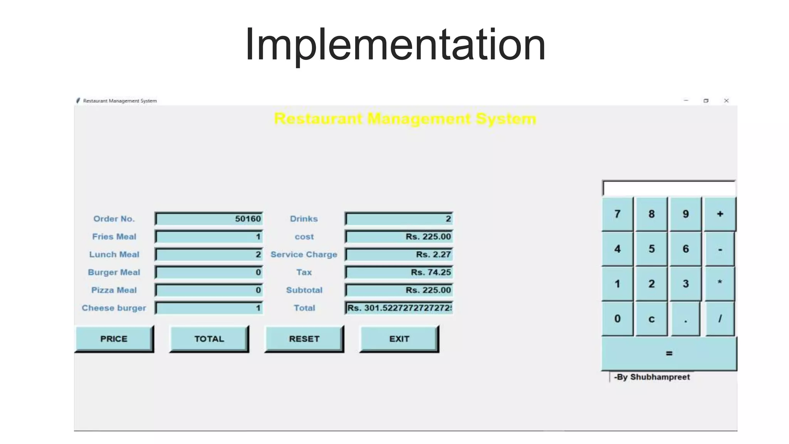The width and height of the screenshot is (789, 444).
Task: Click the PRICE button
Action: point(114,339)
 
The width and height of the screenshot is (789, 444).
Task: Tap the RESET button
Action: point(304,339)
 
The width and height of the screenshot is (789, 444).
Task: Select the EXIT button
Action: point(399,339)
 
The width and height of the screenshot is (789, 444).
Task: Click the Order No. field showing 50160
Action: point(209,219)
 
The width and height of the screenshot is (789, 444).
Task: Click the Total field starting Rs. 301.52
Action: point(399,308)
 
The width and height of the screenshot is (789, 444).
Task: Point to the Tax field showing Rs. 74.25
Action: point(399,272)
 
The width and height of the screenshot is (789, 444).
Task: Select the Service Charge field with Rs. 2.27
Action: point(399,255)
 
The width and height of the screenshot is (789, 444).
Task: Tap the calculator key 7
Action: point(617,214)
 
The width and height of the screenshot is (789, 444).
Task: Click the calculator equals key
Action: point(669,353)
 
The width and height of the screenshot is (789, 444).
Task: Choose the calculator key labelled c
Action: point(651,319)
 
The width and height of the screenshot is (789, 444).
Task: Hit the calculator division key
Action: point(720,319)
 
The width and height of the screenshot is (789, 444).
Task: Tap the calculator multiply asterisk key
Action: point(720,284)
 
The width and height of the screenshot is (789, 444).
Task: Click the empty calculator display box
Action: point(669,188)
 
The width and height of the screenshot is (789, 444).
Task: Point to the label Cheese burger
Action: point(114,308)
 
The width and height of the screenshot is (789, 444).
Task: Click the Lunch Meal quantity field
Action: point(209,255)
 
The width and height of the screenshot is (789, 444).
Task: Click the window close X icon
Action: point(726,101)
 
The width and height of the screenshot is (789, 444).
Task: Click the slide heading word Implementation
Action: point(395,44)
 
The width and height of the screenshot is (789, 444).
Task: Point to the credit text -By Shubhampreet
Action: point(652,377)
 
